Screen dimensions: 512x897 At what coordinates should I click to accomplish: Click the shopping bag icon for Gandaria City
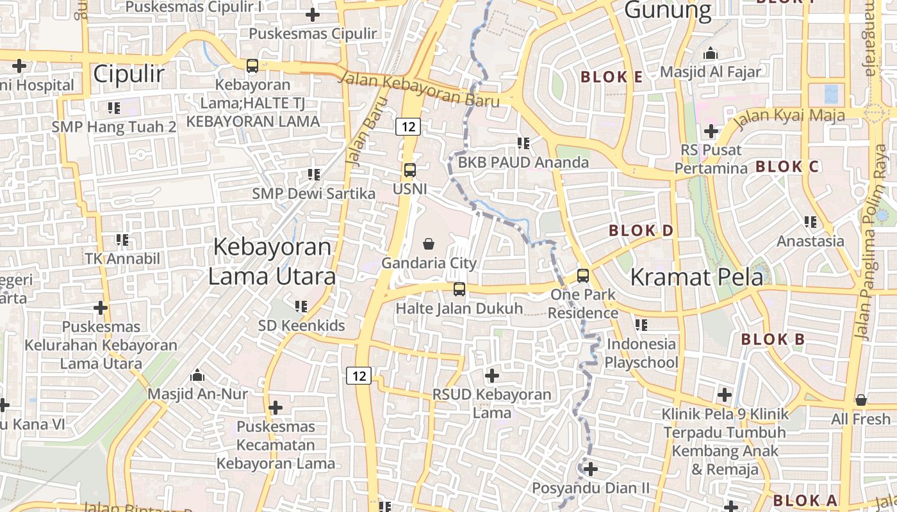[x=429, y=244]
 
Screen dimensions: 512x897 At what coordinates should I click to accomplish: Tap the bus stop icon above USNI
[x=409, y=170]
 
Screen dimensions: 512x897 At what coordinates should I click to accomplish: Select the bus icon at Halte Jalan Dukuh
[x=459, y=289]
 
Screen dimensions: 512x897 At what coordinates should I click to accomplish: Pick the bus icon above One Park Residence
[x=582, y=276]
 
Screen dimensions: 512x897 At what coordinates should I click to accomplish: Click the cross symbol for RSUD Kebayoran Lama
[x=491, y=375]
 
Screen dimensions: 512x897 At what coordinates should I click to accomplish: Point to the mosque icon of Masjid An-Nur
[x=197, y=374]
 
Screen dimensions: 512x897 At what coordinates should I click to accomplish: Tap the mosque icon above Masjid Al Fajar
[x=710, y=53]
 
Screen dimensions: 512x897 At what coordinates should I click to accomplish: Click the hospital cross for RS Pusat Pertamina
[x=711, y=132]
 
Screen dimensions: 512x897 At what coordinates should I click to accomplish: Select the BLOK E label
[x=611, y=77]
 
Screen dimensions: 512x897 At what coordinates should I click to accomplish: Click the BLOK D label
[x=641, y=230]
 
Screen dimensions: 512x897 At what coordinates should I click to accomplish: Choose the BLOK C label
[x=787, y=167]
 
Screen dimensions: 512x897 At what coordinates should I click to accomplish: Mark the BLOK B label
[x=773, y=340]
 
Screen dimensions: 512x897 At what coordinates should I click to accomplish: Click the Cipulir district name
[x=129, y=74]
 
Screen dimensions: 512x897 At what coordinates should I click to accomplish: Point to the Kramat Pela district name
[x=696, y=277]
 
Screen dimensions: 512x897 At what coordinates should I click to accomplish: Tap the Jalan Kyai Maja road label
[x=789, y=116]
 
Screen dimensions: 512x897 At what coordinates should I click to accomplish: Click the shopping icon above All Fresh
[x=861, y=400]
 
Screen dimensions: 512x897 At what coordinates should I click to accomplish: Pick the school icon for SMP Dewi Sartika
[x=313, y=174]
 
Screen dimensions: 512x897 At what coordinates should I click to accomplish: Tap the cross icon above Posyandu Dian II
[x=590, y=469]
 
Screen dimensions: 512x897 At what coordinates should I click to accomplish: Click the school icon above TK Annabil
[x=122, y=240]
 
